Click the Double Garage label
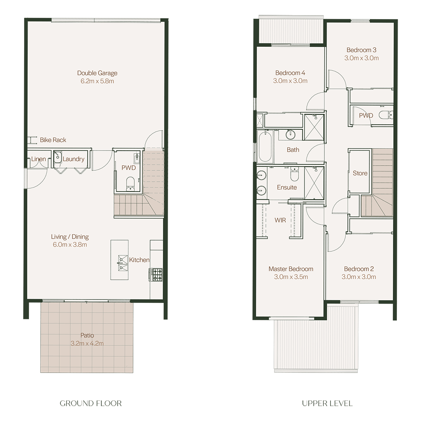(x=97, y=73)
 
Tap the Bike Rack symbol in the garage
(x=32, y=140)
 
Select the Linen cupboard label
(x=38, y=159)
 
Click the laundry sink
(x=57, y=157)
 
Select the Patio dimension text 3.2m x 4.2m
(x=87, y=343)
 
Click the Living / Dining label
(x=70, y=237)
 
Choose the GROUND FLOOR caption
(x=90, y=403)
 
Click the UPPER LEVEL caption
(x=327, y=403)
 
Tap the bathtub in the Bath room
(x=265, y=146)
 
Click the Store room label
(x=360, y=173)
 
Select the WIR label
(x=280, y=220)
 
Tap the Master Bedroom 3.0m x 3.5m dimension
(x=291, y=277)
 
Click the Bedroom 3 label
(x=361, y=50)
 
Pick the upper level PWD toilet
(x=386, y=115)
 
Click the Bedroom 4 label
(x=290, y=73)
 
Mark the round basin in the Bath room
(x=290, y=134)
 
